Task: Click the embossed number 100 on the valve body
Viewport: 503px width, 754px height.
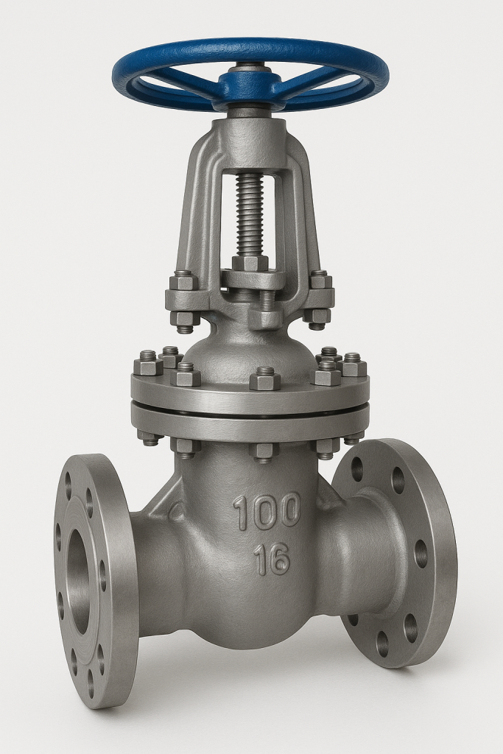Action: coord(267,511)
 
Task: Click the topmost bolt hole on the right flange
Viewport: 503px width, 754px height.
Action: coord(357,469)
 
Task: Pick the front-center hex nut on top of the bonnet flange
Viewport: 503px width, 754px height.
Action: coord(265,378)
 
